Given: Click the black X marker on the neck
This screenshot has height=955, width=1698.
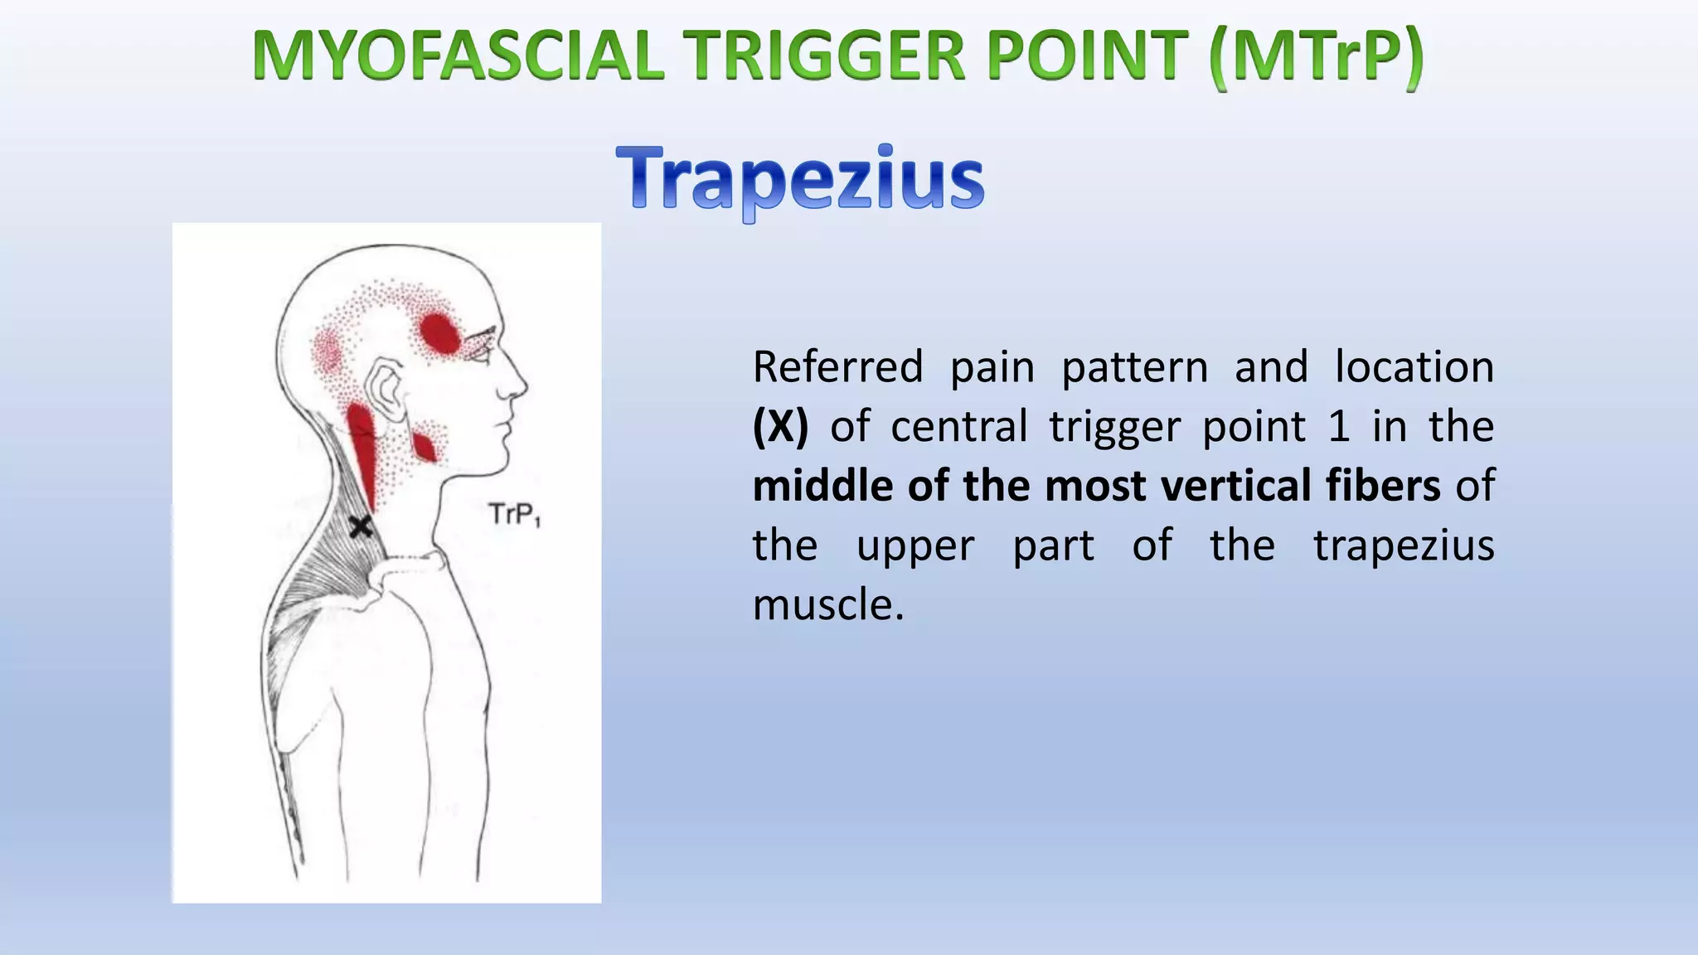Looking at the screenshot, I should tap(360, 526).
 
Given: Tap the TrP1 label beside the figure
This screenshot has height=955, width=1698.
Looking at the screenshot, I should tap(514, 515).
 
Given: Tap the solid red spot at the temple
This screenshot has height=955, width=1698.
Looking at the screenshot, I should tap(439, 333).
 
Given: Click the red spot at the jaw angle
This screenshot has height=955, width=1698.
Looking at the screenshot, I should tap(424, 447).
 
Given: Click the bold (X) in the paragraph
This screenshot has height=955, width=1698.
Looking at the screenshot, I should tap(779, 427).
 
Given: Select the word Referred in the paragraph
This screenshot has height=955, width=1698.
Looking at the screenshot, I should tap(837, 367).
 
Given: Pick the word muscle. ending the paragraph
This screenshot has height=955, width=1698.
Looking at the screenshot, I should tap(827, 605).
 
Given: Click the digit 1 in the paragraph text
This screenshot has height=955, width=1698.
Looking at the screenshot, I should tap(1338, 427).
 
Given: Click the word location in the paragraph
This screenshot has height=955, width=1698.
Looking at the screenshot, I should tap(1414, 367).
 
